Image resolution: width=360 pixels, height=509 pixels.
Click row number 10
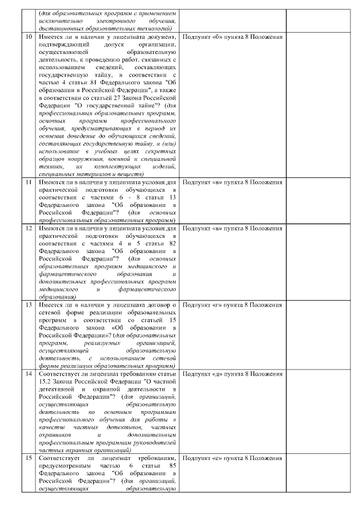point(29,37)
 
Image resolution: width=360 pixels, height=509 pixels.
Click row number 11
point(29,182)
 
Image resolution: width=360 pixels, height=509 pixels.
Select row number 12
point(29,228)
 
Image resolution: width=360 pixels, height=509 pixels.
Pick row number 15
point(29,458)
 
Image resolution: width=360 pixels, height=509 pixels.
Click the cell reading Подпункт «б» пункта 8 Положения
point(232,37)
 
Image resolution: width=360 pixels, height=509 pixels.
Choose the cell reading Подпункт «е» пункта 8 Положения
point(232,458)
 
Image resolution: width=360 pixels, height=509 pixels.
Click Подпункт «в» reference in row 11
point(232,182)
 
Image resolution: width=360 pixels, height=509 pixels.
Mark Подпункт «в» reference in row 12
point(232,228)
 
